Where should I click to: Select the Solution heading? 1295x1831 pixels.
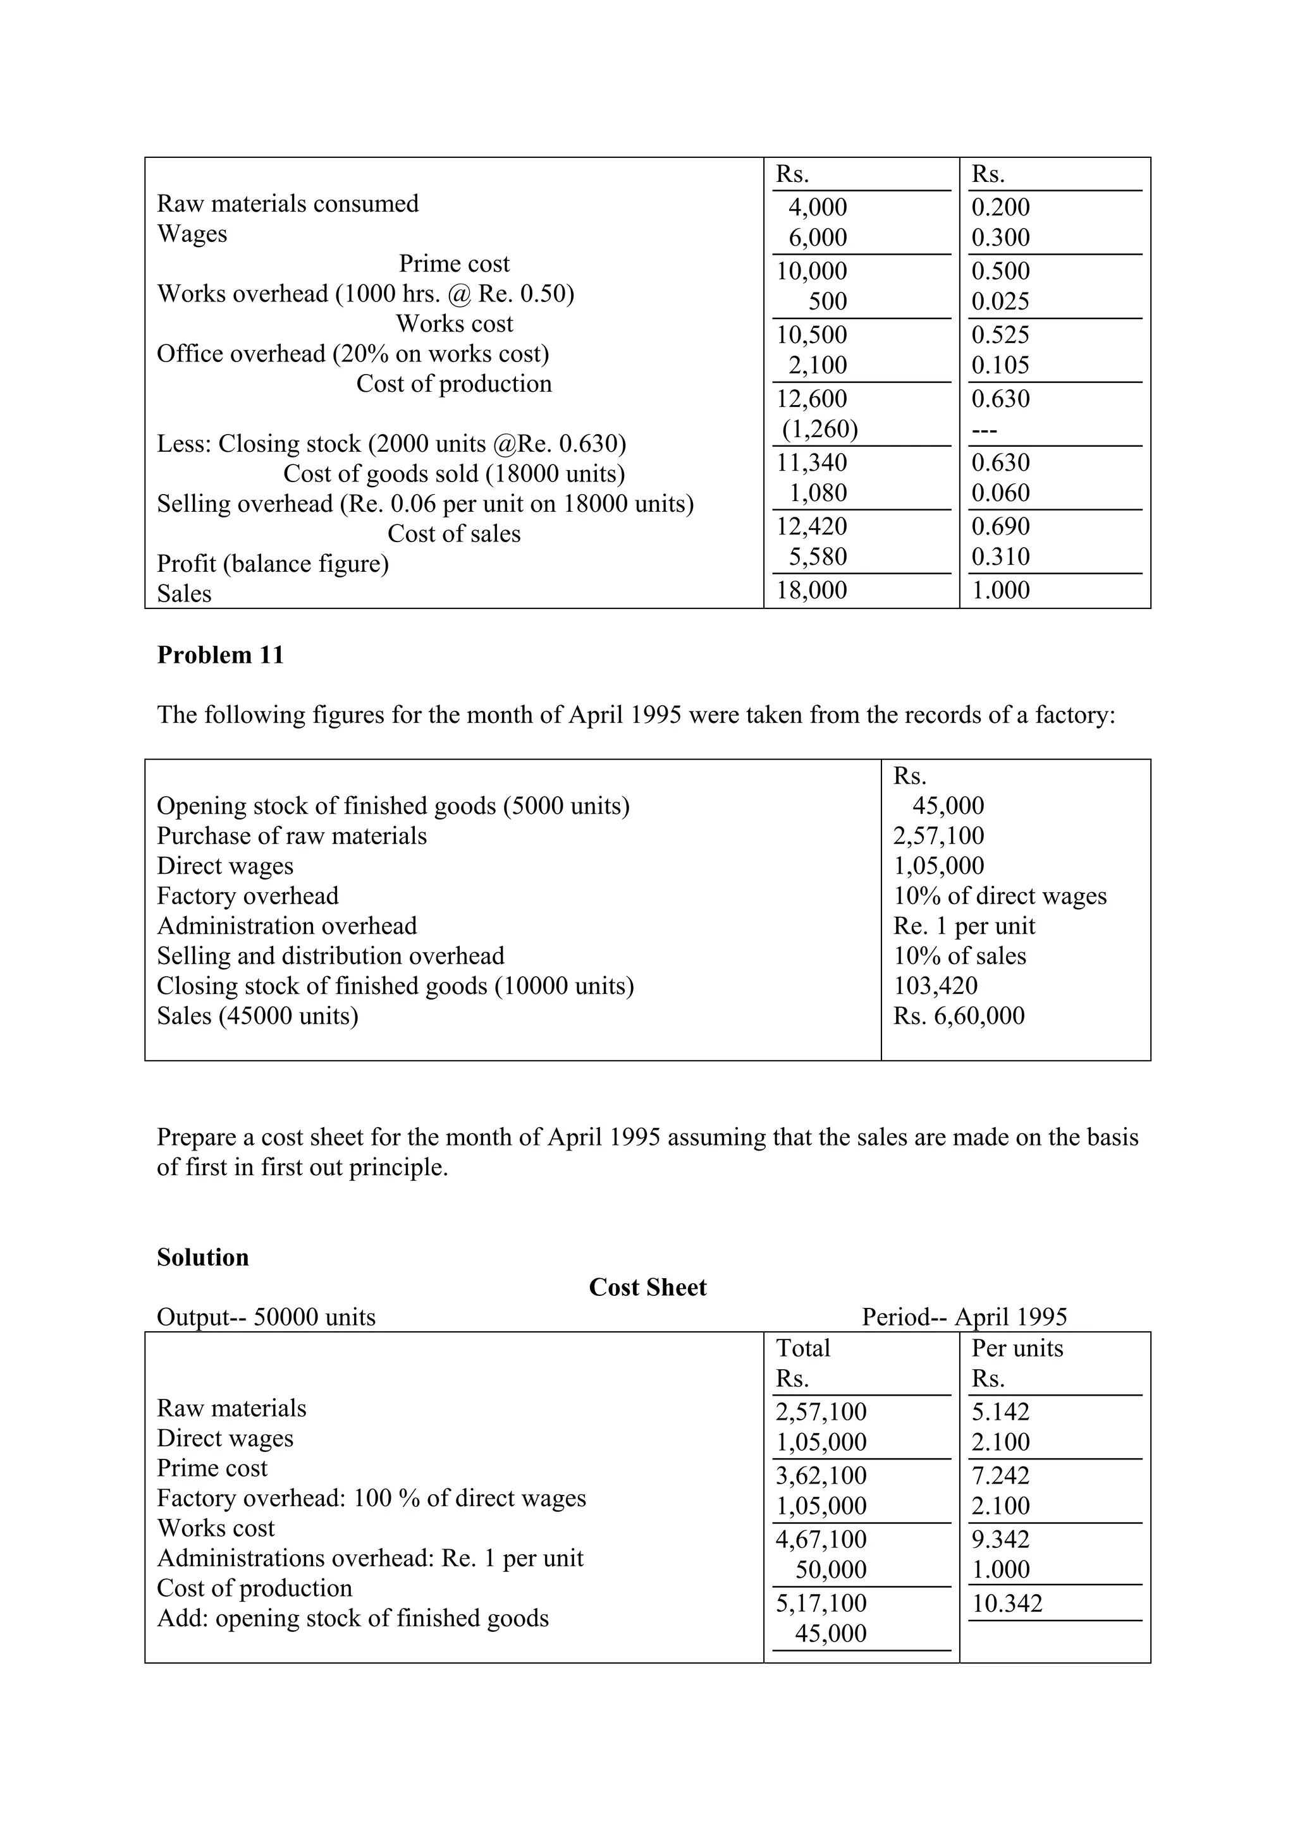pyautogui.click(x=203, y=1257)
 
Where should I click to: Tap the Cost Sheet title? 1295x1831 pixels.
pyautogui.click(x=647, y=1287)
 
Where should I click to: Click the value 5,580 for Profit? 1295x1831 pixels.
pyautogui.click(x=817, y=557)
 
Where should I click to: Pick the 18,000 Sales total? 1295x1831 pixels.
pyautogui.click(x=811, y=590)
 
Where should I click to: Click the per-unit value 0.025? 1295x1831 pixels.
pyautogui.click(x=1000, y=301)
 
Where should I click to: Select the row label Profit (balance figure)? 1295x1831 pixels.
pyautogui.click(x=272, y=564)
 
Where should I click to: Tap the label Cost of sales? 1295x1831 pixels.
pyautogui.click(x=453, y=533)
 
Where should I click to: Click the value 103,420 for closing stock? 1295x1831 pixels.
pyautogui.click(x=935, y=986)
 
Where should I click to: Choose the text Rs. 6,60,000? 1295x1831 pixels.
pyautogui.click(x=958, y=1016)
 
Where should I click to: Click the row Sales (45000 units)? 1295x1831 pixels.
pyautogui.click(x=257, y=1016)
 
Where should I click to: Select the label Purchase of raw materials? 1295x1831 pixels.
pyautogui.click(x=292, y=836)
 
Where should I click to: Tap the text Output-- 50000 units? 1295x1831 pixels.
pyautogui.click(x=266, y=1317)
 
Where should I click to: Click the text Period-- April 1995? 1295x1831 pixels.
pyautogui.click(x=964, y=1317)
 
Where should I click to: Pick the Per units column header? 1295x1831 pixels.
pyautogui.click(x=1017, y=1348)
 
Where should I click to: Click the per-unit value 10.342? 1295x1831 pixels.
pyautogui.click(x=1006, y=1603)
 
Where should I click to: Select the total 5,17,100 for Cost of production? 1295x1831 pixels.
pyautogui.click(x=821, y=1603)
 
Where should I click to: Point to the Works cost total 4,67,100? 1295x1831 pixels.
pyautogui.click(x=821, y=1539)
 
